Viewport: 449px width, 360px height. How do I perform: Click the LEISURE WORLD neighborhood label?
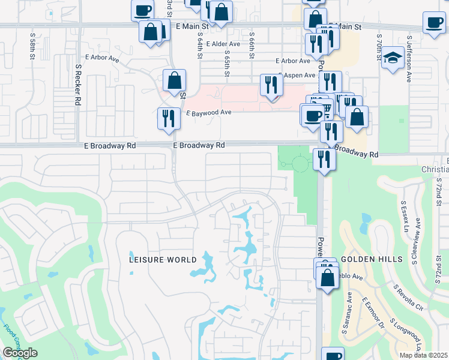tap(163, 260)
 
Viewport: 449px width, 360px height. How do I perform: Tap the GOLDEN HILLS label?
tap(366, 259)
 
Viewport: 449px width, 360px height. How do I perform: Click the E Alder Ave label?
tap(223, 44)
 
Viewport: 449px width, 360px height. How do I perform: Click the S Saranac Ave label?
tap(349, 307)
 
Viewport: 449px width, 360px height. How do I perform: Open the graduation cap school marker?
tap(393, 58)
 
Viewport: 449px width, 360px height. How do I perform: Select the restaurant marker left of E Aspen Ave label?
tap(271, 84)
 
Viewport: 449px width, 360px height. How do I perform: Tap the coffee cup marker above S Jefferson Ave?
tap(433, 22)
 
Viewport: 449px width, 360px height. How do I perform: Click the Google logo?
tap(20, 353)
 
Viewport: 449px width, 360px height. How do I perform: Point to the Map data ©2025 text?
tap(423, 355)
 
